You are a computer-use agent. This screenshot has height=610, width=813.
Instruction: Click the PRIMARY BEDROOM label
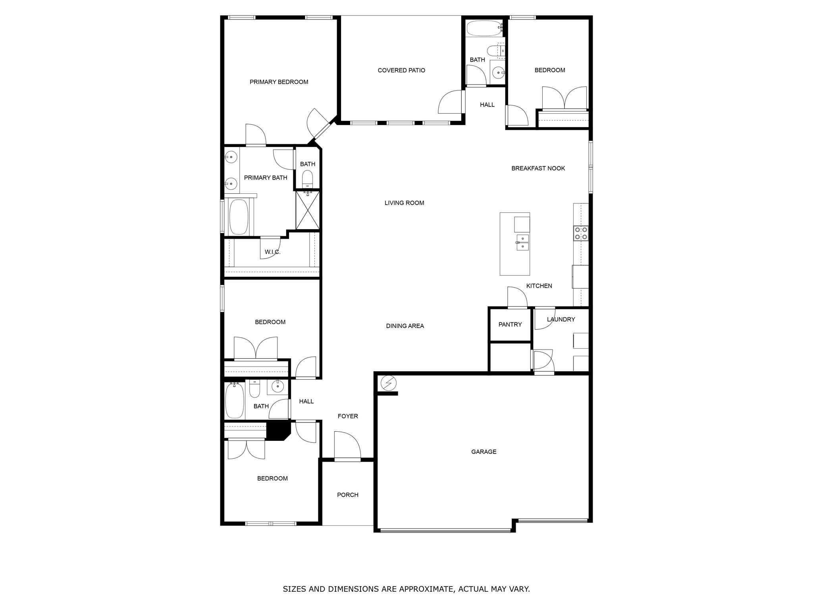pos(279,82)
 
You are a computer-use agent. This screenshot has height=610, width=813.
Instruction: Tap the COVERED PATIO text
pos(401,70)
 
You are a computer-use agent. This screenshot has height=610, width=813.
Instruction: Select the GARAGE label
pos(484,452)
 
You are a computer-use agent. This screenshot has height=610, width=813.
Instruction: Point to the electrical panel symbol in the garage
pos(388,383)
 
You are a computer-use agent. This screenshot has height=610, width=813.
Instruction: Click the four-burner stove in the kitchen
pos(580,233)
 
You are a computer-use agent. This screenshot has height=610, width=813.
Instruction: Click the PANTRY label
pos(510,324)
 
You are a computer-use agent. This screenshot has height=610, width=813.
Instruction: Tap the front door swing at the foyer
pos(347,446)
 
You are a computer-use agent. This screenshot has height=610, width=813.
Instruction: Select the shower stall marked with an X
pos(307,210)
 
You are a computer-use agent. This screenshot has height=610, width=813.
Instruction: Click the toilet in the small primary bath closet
pos(308,179)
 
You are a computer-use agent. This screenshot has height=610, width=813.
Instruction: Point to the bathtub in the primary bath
pos(239,217)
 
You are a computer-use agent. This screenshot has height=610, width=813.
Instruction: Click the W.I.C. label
pos(272,252)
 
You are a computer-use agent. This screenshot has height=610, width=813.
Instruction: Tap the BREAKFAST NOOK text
pos(538,168)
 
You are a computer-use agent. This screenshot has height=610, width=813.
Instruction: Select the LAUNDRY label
pos(561,319)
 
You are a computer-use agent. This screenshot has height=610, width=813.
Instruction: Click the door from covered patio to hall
pos(452,102)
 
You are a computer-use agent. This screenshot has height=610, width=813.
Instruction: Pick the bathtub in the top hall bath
pos(484,28)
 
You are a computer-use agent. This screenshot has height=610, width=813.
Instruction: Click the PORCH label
pos(347,495)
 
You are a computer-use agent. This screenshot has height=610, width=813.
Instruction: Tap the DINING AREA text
pos(405,326)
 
